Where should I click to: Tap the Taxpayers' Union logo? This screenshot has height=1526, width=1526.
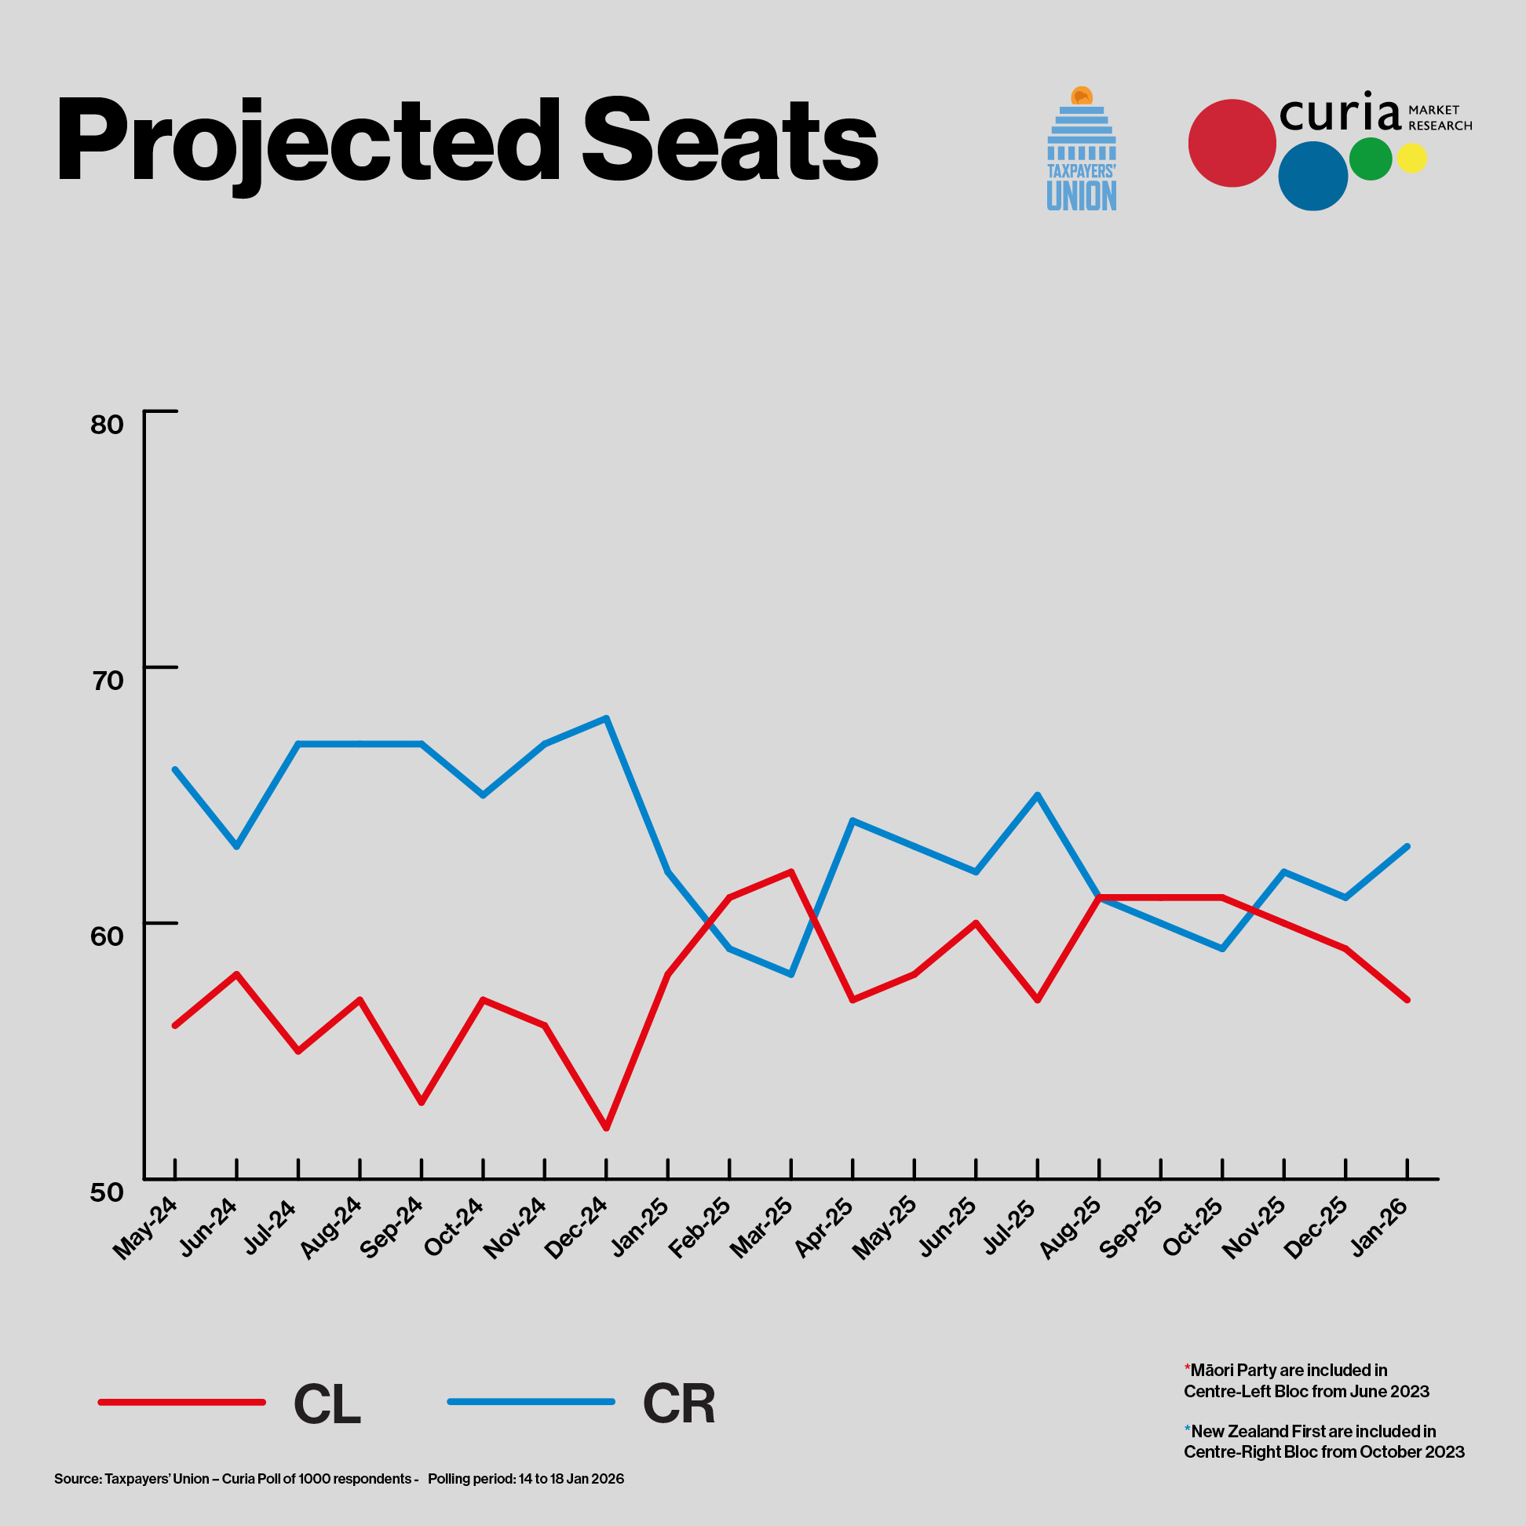[x=1082, y=149]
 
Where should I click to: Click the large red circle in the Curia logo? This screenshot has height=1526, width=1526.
[x=1232, y=143]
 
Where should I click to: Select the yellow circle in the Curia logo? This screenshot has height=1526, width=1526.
[x=1411, y=158]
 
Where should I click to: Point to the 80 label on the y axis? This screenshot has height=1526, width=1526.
[x=107, y=425]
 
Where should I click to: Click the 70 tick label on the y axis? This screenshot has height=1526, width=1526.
[x=108, y=681]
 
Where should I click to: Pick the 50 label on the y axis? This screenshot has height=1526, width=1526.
[x=107, y=1192]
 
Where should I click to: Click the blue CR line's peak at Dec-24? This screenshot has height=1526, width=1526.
[x=606, y=718]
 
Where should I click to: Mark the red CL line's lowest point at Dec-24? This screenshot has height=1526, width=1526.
[x=606, y=1128]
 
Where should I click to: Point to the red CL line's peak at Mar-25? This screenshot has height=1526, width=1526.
[x=790, y=871]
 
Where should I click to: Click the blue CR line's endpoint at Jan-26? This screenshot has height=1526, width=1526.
[x=1407, y=846]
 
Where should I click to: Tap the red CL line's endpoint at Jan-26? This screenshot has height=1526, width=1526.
[x=1407, y=1000]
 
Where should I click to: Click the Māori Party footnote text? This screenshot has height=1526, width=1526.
[x=1305, y=1381]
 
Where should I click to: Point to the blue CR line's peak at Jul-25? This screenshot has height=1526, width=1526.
[x=1037, y=794]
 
